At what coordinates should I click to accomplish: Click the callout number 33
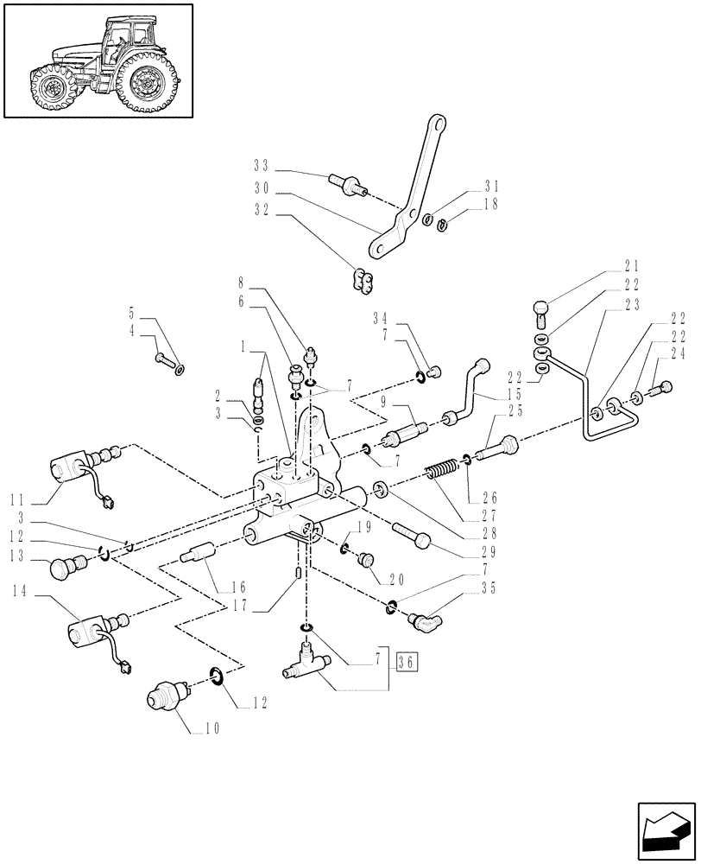tap(262, 165)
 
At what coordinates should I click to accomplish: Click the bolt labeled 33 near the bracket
tap(347, 184)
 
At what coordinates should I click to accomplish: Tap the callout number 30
tap(262, 187)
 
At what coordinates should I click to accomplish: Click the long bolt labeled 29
tap(412, 536)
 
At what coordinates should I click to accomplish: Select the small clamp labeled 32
tap(361, 278)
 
